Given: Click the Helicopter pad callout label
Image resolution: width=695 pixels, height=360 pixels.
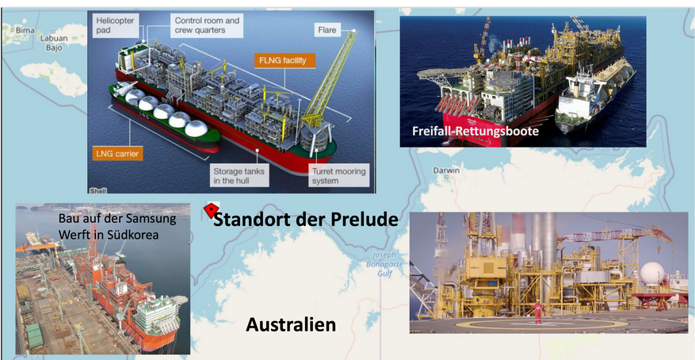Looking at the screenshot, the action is point(115,25).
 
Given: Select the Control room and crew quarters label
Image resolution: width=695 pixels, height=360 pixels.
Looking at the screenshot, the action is point(207,25).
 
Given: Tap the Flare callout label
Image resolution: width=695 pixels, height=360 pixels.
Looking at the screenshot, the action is point(327,30).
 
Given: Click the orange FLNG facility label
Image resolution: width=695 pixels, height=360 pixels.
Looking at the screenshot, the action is point(284,61).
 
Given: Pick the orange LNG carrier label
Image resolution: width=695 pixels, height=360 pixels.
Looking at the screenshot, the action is point(117,155).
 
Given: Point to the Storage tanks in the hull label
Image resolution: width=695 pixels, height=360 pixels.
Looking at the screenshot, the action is point(239,176).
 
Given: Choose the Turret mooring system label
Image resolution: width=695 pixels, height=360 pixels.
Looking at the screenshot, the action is point(338,176).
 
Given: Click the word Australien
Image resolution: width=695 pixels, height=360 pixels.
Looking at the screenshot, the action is point(291,325).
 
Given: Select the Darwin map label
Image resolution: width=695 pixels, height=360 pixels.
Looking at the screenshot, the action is point(446,170).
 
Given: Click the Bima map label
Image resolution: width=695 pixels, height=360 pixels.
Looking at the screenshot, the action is point(25,31).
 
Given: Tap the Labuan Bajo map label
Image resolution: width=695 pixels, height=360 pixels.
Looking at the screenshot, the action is point(54,43).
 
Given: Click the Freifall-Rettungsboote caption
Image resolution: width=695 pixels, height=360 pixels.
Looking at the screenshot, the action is point(475,131).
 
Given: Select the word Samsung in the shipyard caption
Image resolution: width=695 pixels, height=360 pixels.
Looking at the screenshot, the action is point(155,219).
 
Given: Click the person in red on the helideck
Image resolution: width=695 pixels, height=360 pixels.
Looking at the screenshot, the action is point(537,311).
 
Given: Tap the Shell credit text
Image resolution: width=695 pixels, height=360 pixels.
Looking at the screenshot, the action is point(98,191).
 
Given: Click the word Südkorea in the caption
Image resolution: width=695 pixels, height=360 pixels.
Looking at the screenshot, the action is point(136,235).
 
